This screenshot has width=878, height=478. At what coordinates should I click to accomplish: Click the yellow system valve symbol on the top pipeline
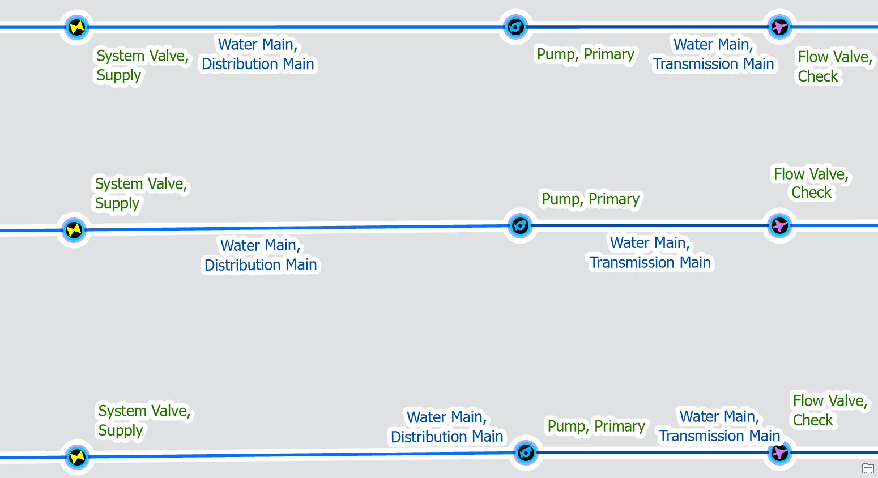(x=76, y=27)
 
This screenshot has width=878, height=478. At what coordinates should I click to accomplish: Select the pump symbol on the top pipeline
(x=515, y=27)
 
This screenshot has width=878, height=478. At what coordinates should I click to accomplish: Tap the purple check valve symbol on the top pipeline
(x=779, y=27)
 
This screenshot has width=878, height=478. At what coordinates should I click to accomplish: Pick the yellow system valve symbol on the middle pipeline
(x=74, y=230)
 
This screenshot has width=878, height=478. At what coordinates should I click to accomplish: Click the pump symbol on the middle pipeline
(x=520, y=226)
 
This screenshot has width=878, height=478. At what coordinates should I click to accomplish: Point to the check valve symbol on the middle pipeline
(x=779, y=226)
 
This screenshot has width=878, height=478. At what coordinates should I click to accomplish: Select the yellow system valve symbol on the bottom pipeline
(x=77, y=457)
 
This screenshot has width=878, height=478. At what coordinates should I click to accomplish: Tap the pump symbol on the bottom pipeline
(x=526, y=453)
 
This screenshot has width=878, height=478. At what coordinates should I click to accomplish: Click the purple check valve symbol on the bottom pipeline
(x=779, y=453)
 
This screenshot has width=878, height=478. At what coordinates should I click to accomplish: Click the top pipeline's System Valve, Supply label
(x=142, y=66)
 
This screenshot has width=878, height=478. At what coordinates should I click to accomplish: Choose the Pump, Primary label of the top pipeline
(x=586, y=54)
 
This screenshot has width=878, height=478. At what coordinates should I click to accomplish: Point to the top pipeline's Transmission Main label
(x=713, y=54)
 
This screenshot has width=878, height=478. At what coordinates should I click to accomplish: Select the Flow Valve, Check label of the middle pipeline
(x=811, y=183)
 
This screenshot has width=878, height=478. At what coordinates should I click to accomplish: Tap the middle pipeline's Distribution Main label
(x=261, y=255)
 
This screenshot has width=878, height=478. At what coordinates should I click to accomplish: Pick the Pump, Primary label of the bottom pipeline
(x=596, y=426)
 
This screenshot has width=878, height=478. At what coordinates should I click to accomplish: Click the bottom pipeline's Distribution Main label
(x=447, y=427)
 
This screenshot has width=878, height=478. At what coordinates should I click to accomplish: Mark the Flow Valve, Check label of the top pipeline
(x=834, y=67)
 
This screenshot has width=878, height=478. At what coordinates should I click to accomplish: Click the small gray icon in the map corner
(x=868, y=468)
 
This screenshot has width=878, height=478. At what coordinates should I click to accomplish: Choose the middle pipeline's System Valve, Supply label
(x=140, y=194)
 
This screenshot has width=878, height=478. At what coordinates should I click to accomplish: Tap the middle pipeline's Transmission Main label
(x=650, y=253)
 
